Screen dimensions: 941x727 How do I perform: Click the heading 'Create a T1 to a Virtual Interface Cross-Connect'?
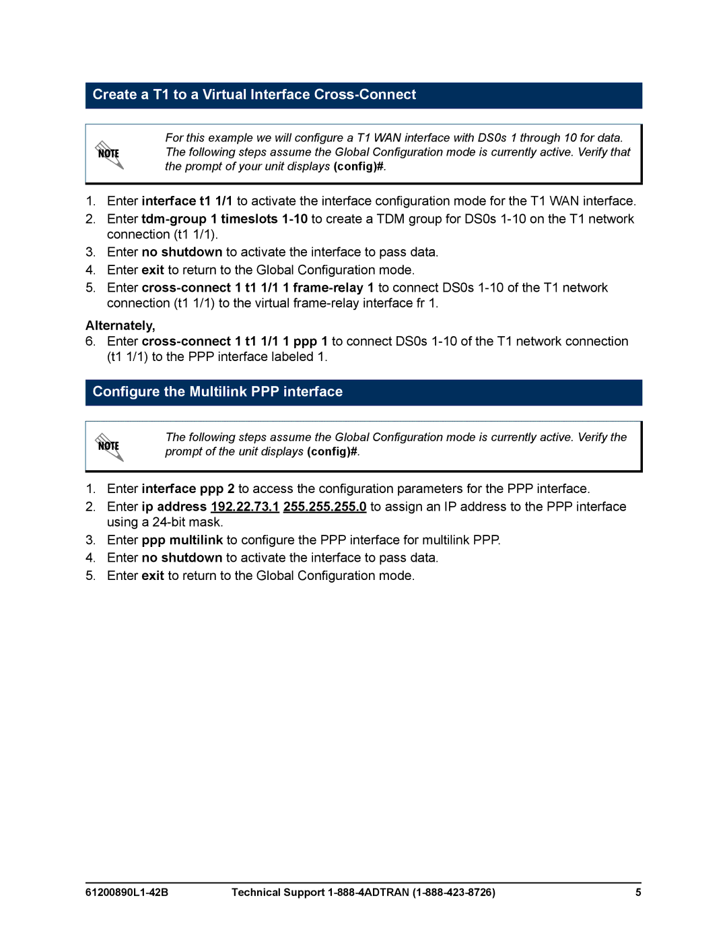[254, 95]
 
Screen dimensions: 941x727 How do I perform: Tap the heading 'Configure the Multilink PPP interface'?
[217, 392]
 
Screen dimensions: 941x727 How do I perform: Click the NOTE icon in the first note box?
[109, 154]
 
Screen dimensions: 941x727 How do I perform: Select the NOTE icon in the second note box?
[109, 447]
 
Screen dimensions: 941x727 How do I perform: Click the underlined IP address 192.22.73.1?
[244, 507]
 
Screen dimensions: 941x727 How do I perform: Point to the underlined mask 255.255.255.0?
[324, 507]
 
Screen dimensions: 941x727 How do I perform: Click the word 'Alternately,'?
[120, 326]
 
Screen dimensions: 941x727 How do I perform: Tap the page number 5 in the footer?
[637, 893]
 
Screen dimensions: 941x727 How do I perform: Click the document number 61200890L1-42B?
[127, 893]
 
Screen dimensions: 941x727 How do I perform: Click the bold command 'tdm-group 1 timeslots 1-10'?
[224, 219]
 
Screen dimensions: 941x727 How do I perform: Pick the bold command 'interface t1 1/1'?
[187, 201]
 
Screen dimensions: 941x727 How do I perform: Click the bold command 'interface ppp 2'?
[188, 489]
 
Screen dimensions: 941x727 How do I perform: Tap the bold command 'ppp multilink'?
[182, 540]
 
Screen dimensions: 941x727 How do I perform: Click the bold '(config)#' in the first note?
[359, 166]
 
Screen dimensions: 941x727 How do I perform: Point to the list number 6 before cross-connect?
[90, 342]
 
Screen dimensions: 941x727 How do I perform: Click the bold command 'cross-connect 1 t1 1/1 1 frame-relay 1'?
[258, 288]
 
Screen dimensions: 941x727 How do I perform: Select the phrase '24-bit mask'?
[186, 522]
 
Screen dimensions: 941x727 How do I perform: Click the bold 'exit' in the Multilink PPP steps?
[153, 576]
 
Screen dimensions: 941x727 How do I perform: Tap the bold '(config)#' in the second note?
[332, 452]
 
